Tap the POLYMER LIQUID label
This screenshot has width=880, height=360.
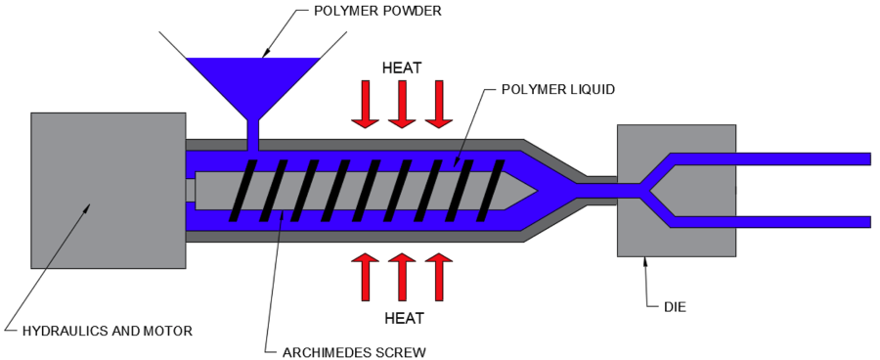[x=558, y=89]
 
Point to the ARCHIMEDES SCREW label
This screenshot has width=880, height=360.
[x=346, y=351]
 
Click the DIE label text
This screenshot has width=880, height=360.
[x=675, y=307]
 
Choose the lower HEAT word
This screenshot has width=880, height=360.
[x=401, y=319]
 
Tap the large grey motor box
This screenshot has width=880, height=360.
[x=108, y=191]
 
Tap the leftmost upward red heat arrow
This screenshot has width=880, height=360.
[x=365, y=277]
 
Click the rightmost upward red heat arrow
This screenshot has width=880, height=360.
[x=437, y=277]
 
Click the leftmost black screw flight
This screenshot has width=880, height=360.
[x=240, y=190]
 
